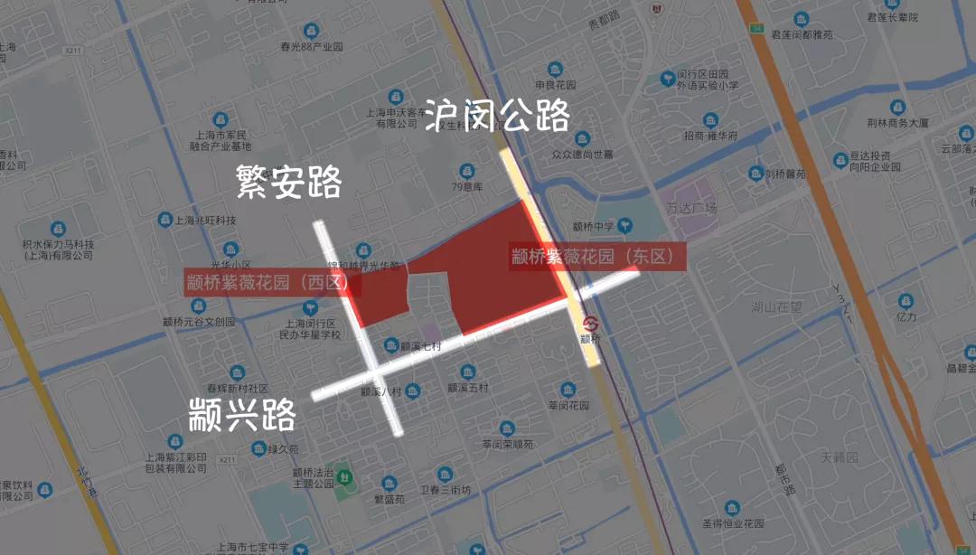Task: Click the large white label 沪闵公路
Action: coord(498,116)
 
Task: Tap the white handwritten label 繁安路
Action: coord(288,182)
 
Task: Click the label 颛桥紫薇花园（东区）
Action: coord(593,257)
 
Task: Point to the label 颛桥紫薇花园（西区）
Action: coord(267,282)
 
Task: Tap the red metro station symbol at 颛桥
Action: coord(590,323)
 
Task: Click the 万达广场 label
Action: coord(690,209)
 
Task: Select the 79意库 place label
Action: coord(467,187)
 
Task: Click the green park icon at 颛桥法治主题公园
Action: coord(342,492)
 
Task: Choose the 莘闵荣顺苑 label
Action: coord(507,444)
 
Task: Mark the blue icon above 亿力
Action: coord(906,301)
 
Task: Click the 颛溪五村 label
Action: coord(467,388)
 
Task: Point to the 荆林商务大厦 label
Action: coord(897,123)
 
